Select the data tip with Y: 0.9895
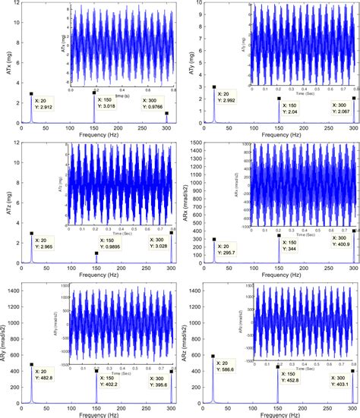(112, 244)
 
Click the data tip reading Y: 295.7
(229, 250)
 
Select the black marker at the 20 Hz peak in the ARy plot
(32, 364)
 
